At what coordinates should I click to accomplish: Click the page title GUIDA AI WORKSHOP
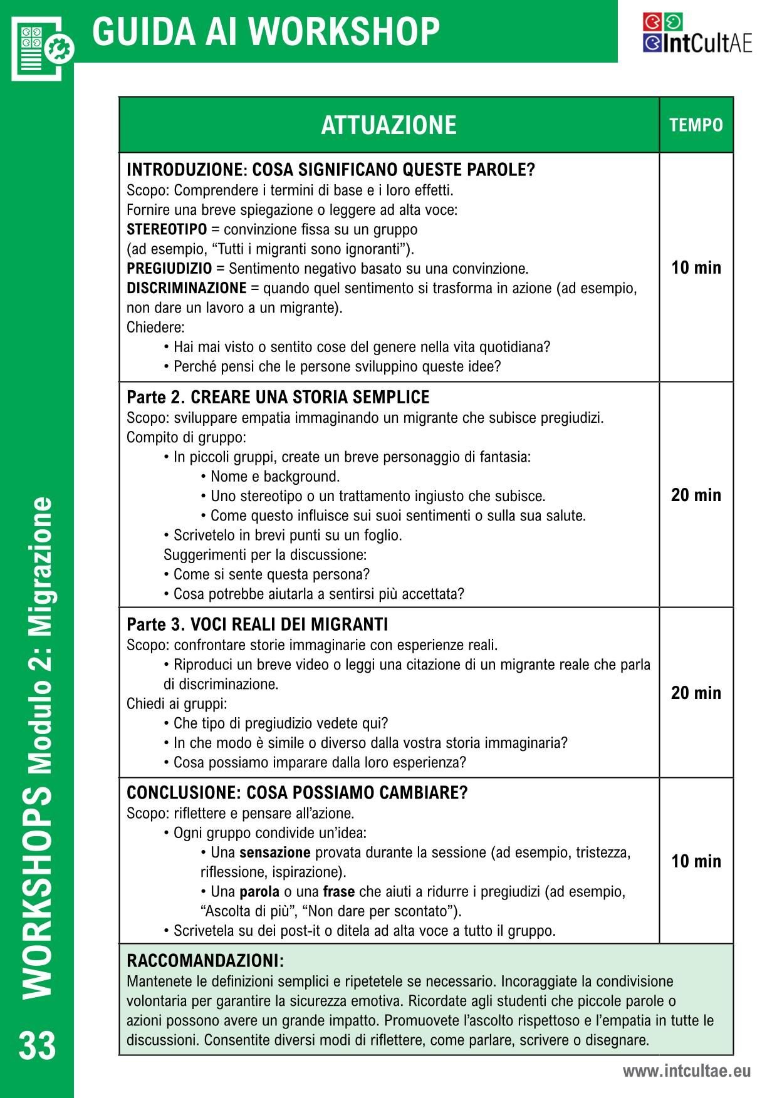pyautogui.click(x=266, y=31)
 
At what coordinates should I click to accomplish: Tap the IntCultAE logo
pyautogui.click(x=697, y=34)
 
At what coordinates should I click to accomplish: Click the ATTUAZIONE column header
pyautogui.click(x=388, y=125)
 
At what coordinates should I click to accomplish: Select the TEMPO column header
pyautogui.click(x=696, y=125)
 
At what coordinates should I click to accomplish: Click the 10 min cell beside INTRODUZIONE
pyautogui.click(x=696, y=268)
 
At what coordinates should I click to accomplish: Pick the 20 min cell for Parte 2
pyautogui.click(x=696, y=495)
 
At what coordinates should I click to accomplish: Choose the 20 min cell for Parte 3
pyautogui.click(x=696, y=693)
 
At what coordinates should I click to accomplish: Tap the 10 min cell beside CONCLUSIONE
pyautogui.click(x=696, y=861)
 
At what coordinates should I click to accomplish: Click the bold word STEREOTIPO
pyautogui.click(x=167, y=229)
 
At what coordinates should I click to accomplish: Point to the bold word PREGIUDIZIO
pyautogui.click(x=169, y=269)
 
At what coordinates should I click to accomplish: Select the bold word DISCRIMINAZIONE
pyautogui.click(x=186, y=288)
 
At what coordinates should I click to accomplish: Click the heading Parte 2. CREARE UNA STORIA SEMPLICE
pyautogui.click(x=278, y=398)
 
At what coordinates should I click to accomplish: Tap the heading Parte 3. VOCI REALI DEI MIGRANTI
pyautogui.click(x=257, y=624)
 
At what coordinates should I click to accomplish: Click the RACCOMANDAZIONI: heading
pyautogui.click(x=205, y=960)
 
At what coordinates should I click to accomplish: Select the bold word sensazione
pyautogui.click(x=274, y=852)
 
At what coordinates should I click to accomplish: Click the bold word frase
pyautogui.click(x=338, y=891)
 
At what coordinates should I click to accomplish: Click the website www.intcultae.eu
pyautogui.click(x=686, y=1071)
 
